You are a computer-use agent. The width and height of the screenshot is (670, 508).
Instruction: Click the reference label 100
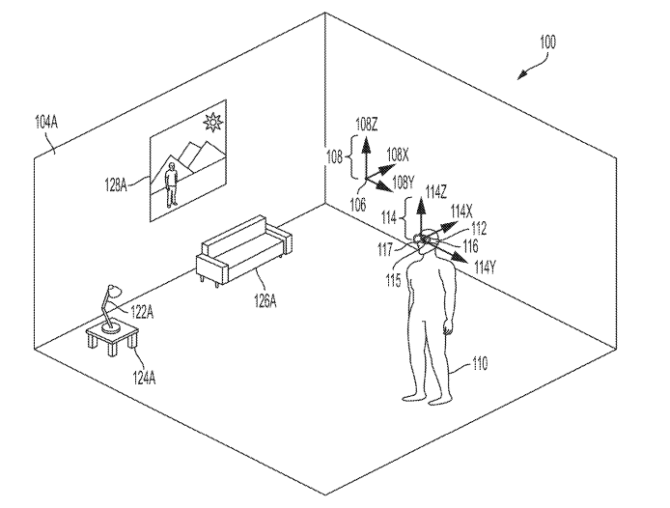tap(547, 42)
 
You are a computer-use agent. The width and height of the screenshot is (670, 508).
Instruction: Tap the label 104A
tap(46, 123)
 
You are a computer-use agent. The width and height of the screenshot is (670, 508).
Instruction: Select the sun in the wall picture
tap(212, 123)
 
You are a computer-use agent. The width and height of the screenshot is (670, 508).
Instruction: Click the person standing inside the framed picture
tap(171, 184)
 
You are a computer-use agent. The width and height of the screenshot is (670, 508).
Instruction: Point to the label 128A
tap(116, 185)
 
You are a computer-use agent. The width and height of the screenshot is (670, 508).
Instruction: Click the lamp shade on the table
tap(114, 291)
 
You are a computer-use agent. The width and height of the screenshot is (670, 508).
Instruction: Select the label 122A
tap(142, 312)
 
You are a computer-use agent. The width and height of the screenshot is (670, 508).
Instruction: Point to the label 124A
tap(144, 378)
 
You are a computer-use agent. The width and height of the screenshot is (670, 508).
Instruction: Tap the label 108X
tap(398, 155)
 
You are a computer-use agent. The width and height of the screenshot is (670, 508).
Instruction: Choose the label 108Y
tap(403, 183)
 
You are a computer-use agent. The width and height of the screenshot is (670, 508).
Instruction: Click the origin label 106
tap(357, 205)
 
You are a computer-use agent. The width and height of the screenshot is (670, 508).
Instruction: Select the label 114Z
tap(435, 192)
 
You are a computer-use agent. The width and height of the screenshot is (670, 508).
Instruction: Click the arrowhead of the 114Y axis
tap(460, 257)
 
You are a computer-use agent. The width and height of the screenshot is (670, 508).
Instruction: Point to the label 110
tap(480, 363)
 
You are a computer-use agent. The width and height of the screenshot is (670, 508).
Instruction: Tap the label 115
tap(393, 280)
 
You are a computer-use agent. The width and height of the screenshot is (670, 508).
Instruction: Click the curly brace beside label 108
tap(353, 156)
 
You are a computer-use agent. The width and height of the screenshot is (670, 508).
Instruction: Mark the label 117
tap(384, 249)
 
